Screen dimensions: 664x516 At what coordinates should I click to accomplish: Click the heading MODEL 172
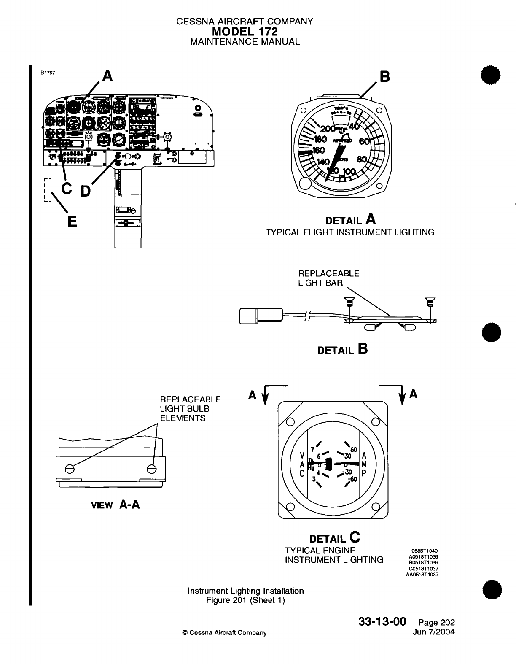245,31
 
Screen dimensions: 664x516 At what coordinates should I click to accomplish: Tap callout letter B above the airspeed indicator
384,77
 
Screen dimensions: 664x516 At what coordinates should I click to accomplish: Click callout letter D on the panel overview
85,191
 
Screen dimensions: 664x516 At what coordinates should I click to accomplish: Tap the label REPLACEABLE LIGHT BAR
328,278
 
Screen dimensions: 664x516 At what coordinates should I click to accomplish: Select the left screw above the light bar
348,302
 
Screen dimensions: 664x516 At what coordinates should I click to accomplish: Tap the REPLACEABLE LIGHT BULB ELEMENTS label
190,408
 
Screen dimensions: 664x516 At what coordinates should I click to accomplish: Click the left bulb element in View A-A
70,469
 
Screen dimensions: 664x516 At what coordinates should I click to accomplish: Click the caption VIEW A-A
115,505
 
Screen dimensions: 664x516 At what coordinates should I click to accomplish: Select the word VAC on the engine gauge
302,464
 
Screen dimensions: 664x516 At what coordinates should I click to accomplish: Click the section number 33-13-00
382,621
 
